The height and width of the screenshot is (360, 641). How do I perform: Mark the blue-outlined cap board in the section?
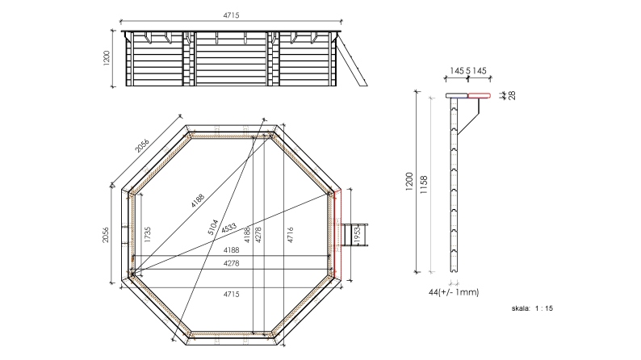(x=457, y=95)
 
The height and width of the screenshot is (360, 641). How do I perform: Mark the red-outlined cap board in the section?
(x=480, y=95)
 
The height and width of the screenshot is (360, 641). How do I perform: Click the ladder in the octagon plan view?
(x=354, y=234)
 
